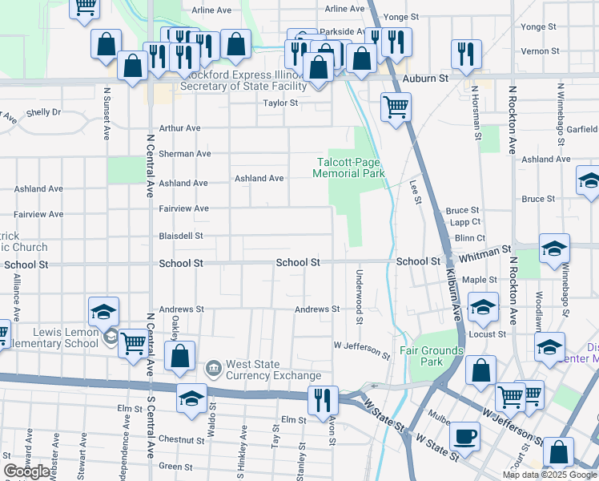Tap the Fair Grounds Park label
click(x=432, y=356)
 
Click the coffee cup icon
click(x=465, y=438)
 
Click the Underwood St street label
click(x=357, y=297)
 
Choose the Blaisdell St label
click(x=181, y=236)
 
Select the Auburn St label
click(x=425, y=79)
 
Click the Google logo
click(x=26, y=471)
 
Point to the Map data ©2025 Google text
click(x=549, y=475)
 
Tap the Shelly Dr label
click(x=43, y=112)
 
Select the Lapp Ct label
click(x=464, y=222)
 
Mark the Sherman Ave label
click(x=184, y=153)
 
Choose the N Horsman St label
click(x=476, y=113)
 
